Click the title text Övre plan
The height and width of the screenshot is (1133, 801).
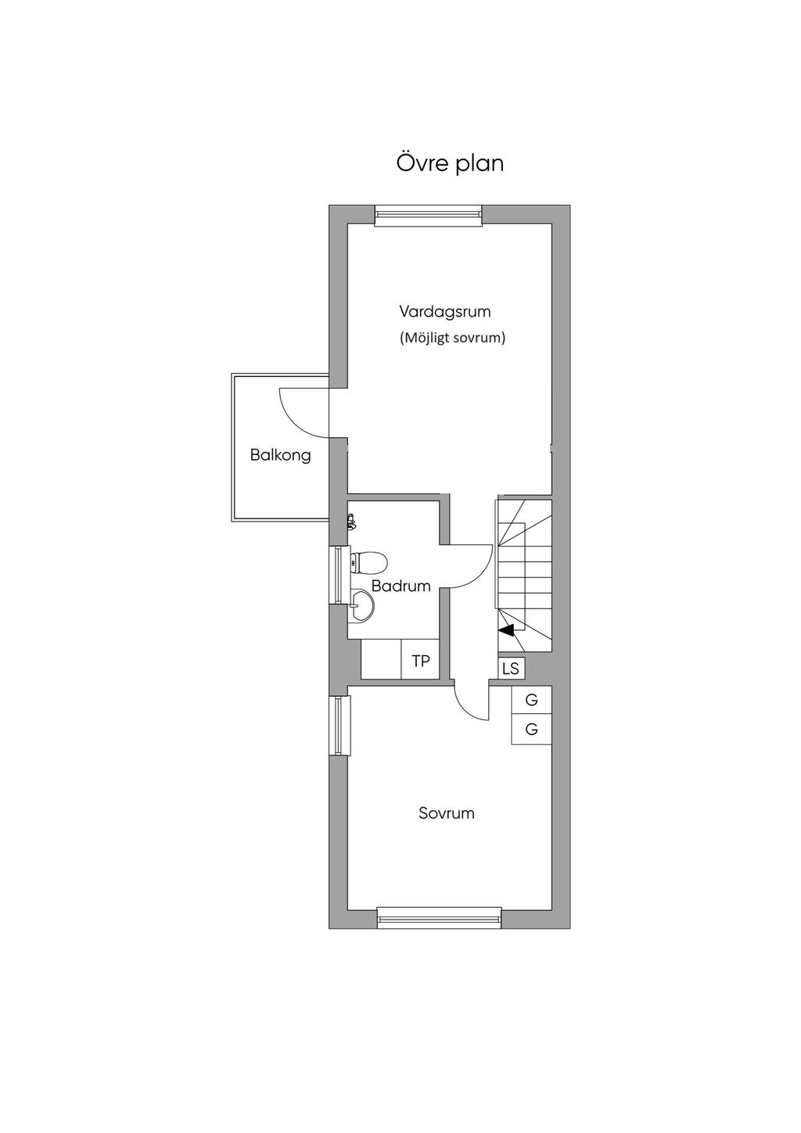point(449,163)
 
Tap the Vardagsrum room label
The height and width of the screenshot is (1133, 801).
point(445,311)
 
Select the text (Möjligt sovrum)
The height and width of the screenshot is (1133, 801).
point(452,339)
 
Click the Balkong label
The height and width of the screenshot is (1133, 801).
point(280,455)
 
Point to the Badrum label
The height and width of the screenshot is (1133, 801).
point(400,586)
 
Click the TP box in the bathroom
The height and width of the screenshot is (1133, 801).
point(420,659)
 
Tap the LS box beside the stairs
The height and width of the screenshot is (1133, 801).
point(511,669)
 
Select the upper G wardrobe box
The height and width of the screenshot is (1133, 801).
point(531,701)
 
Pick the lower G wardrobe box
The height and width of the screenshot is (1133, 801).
point(531,730)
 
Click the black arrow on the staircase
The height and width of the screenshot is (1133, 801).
point(506,629)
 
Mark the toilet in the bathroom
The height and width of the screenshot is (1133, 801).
point(369,562)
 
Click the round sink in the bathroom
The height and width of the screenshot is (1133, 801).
point(362,605)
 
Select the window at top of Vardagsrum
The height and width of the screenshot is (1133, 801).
point(428,216)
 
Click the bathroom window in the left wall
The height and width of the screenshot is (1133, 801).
point(339,575)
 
